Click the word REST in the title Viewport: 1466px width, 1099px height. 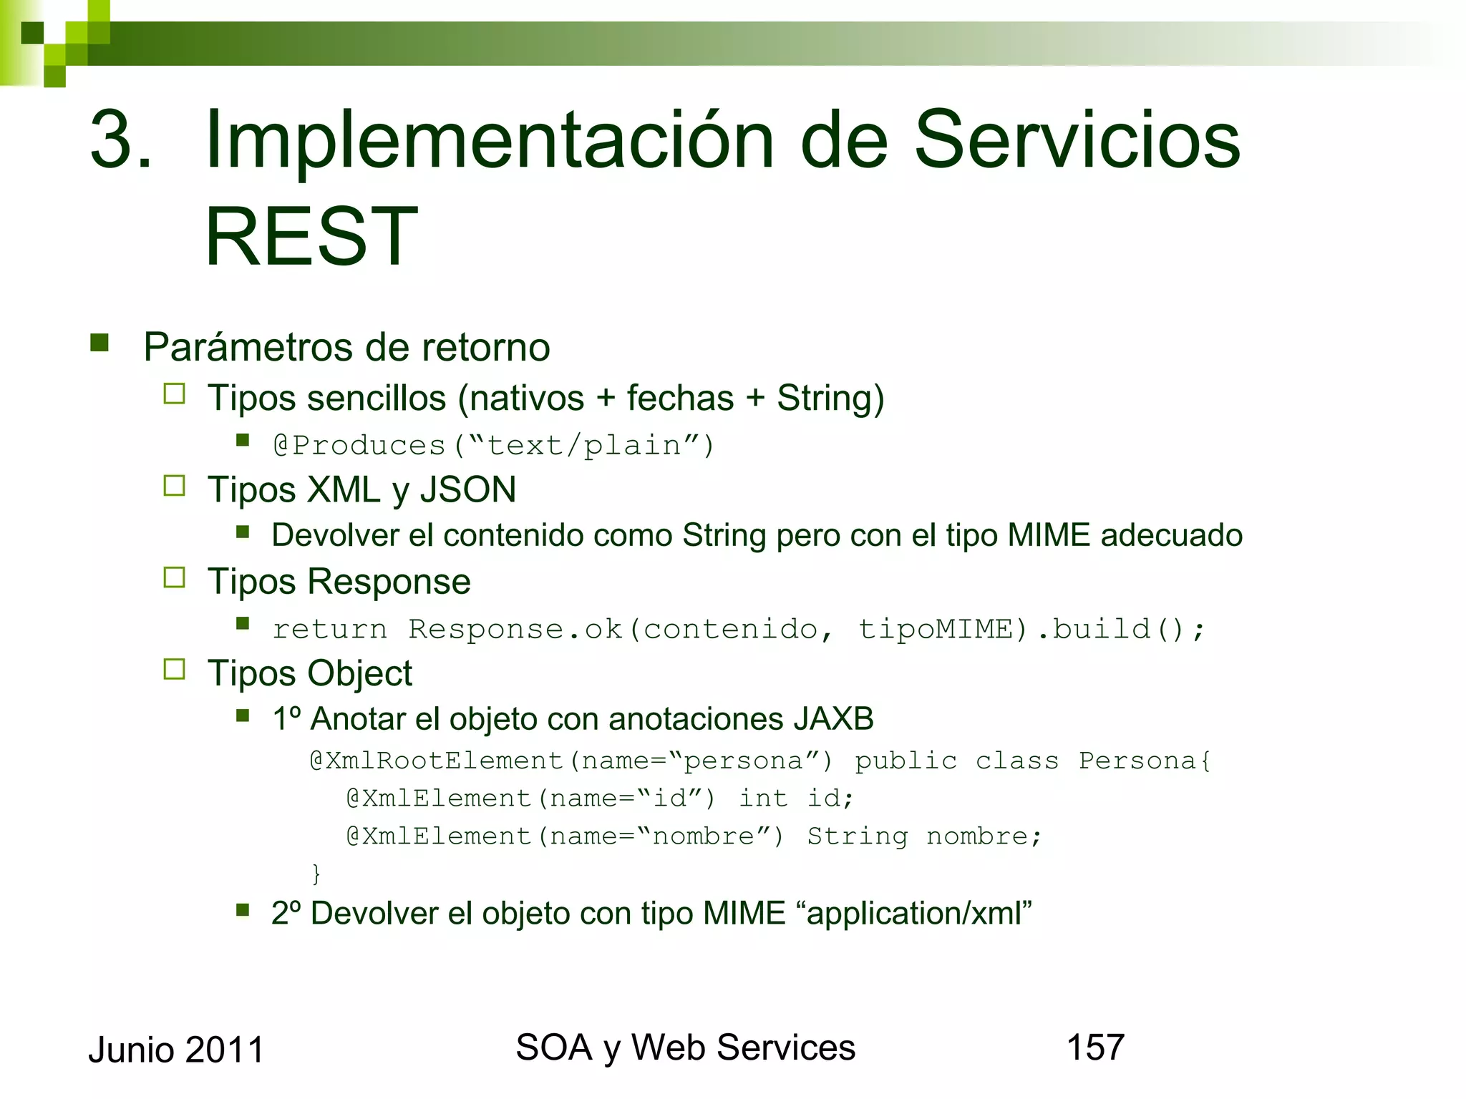pos(311,236)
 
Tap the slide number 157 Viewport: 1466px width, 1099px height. pos(1095,1047)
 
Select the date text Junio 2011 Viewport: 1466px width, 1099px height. pos(176,1050)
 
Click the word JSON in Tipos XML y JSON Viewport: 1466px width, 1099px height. pos(467,490)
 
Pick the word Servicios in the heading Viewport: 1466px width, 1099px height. pos(1077,140)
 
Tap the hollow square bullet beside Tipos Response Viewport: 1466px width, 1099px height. pos(174,577)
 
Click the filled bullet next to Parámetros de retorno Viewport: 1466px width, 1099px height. pos(99,343)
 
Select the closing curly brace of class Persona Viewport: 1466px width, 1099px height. pos(316,873)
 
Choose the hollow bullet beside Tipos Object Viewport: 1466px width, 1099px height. pos(174,669)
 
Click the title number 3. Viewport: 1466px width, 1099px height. pos(120,140)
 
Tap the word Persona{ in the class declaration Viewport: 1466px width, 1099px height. pos(1144,761)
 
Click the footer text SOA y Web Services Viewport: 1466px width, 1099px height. pos(685,1047)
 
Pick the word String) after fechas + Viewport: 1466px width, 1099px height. pos(830,398)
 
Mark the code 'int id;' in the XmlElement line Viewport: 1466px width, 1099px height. pos(796,798)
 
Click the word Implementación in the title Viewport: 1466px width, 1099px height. pos(490,140)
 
